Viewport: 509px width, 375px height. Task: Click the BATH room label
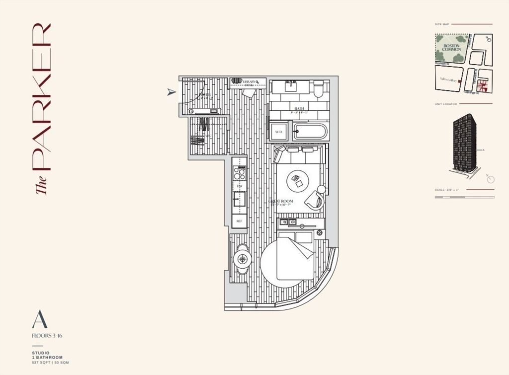tap(299, 108)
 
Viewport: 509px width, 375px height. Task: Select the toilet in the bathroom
tap(319, 88)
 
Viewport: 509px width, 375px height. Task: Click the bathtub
tap(309, 132)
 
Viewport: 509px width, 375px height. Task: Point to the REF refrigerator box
tap(239, 221)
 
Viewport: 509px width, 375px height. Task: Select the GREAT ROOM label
tap(282, 202)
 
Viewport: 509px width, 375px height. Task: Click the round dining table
tap(243, 258)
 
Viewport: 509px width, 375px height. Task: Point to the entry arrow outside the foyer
tap(171, 92)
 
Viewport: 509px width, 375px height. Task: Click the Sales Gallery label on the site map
tap(447, 79)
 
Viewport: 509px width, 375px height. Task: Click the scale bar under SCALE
tap(464, 197)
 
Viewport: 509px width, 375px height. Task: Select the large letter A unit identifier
tap(39, 319)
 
